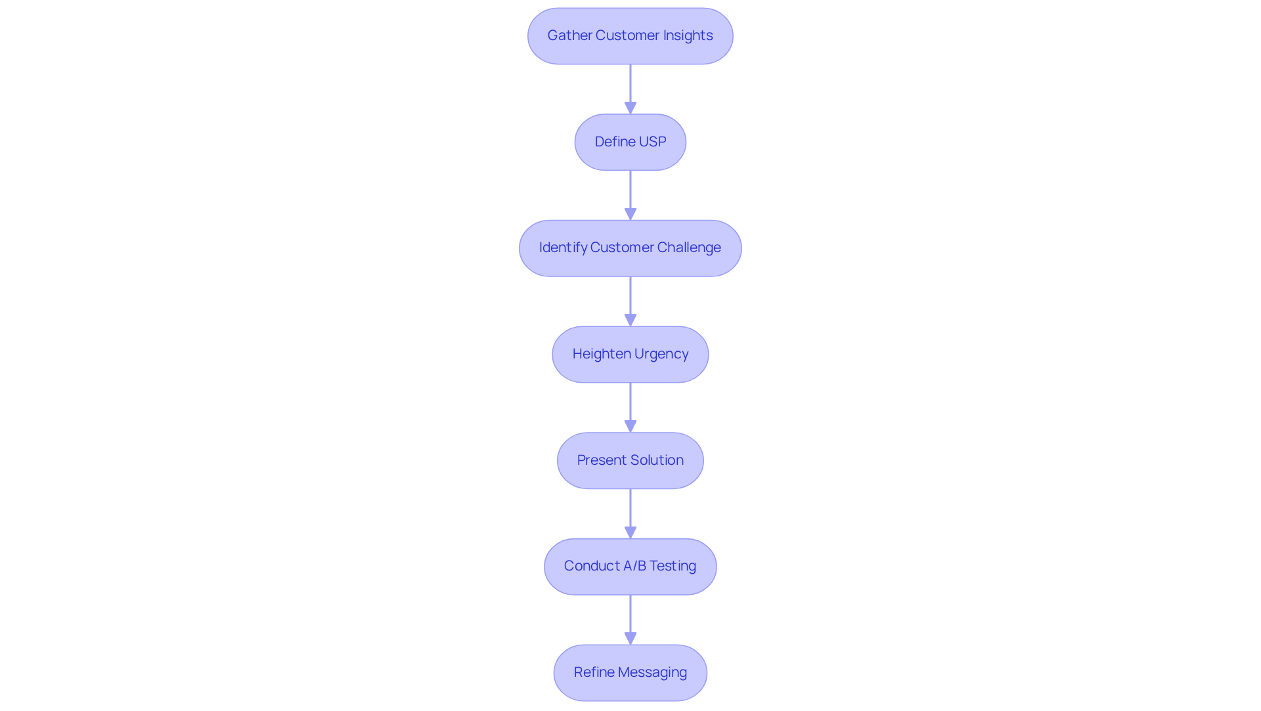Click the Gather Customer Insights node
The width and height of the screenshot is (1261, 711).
point(630,36)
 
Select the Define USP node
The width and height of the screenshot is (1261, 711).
point(630,142)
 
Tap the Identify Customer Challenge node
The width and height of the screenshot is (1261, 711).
point(630,248)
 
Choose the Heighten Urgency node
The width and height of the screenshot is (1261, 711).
point(630,355)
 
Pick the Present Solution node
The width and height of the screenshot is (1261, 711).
point(630,461)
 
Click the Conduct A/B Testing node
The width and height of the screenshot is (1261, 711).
point(630,567)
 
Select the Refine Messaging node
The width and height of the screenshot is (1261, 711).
point(630,673)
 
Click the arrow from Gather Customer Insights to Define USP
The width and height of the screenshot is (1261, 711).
point(630,89)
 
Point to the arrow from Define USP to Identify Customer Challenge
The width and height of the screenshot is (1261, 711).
point(630,195)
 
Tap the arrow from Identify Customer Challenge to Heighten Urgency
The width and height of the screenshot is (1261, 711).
point(630,301)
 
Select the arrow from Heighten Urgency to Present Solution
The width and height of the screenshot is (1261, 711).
point(630,407)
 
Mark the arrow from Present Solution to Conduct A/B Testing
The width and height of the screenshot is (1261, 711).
point(630,513)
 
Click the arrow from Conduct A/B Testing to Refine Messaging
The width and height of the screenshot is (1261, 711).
point(630,619)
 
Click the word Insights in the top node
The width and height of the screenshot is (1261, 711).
point(688,35)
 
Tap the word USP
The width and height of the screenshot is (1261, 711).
point(652,142)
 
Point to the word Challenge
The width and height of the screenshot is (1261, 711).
point(688,248)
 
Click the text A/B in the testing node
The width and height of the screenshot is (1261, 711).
point(634,566)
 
